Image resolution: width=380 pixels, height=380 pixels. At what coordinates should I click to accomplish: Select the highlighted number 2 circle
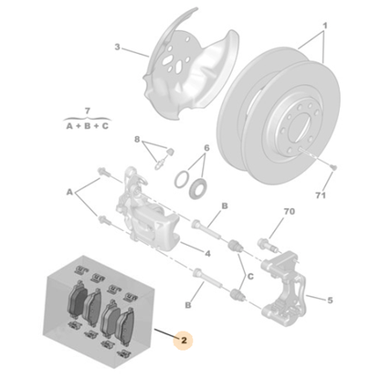coord(185,342)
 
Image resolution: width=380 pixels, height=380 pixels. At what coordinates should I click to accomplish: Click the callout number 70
coord(290,212)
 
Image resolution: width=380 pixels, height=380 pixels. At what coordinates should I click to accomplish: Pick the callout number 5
coord(206,148)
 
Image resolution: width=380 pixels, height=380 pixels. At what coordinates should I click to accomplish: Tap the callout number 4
coord(208,252)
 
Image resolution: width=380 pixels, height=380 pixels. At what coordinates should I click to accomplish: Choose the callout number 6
coord(140,140)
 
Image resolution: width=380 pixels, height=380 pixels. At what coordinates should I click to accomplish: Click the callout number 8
coord(140,140)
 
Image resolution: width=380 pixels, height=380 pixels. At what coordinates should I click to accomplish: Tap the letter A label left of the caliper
coord(69,193)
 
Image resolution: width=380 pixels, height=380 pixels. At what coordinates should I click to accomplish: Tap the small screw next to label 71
coord(330,168)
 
